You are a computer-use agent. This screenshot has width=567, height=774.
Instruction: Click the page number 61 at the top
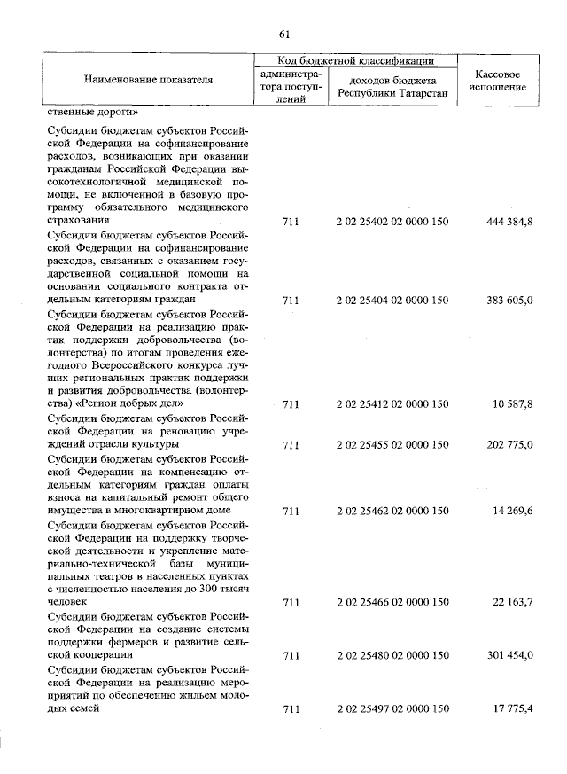(284, 35)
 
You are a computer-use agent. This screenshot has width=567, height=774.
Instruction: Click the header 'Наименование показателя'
(149, 80)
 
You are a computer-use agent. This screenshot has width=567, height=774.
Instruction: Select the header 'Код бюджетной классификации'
(354, 61)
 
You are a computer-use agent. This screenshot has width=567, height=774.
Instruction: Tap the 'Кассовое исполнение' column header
(502, 80)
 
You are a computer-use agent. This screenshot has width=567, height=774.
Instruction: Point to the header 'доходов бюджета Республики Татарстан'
(392, 86)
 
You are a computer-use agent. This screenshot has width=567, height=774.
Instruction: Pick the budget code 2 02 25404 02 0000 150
(392, 301)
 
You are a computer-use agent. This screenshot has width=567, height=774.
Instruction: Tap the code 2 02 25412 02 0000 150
(392, 404)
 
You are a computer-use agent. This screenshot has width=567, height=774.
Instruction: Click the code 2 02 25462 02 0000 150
(392, 512)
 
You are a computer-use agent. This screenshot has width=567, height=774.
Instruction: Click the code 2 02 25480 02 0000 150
(392, 656)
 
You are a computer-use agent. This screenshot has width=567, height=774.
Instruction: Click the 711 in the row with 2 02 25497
(290, 709)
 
